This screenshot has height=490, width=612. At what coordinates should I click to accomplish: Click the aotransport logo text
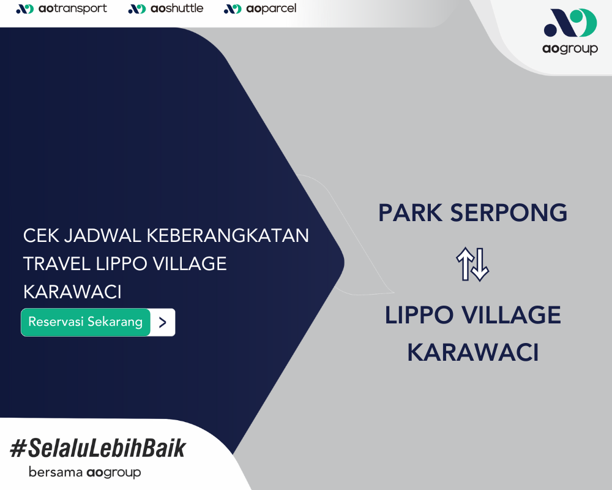click(73, 9)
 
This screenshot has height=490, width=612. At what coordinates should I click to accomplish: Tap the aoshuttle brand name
click(177, 9)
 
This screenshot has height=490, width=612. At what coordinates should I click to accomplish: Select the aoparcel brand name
click(271, 9)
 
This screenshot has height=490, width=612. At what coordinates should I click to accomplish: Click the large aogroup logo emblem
click(570, 23)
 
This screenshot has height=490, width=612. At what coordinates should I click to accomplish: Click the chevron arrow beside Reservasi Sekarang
click(163, 322)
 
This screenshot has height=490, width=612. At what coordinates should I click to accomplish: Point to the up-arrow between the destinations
click(465, 264)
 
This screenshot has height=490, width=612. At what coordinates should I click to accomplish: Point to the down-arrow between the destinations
click(480, 265)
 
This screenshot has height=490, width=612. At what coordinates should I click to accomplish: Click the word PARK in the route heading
click(410, 213)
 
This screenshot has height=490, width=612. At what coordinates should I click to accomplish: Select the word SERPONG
click(509, 213)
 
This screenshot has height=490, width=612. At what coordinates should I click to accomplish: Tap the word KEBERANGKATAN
click(228, 236)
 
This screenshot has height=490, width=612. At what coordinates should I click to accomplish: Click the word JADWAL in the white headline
click(102, 236)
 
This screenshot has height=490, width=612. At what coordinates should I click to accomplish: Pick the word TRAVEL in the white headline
click(57, 264)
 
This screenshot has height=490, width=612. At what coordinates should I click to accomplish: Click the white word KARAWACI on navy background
click(72, 292)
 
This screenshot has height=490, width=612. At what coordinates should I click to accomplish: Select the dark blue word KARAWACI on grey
click(473, 352)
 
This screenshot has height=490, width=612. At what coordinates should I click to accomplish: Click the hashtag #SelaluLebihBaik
click(98, 448)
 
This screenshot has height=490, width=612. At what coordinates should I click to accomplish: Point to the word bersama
click(56, 472)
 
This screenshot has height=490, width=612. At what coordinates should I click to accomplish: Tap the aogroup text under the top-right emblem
click(570, 49)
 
